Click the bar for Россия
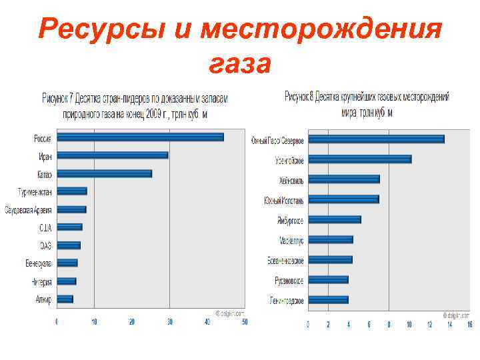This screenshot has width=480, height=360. tap(140, 137)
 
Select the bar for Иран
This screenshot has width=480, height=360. tap(112, 155)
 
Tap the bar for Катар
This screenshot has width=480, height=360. tap(104, 173)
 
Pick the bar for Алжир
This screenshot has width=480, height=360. tap(65, 299)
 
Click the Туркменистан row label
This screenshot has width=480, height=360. tap(35, 191)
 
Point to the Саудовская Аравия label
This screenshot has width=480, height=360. tap(28, 209)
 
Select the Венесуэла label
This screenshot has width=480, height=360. tap(38, 263)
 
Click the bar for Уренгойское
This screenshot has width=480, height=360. tap(360, 159)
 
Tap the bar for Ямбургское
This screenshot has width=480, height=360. tap(335, 219)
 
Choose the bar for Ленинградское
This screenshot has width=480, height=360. tap(328, 300)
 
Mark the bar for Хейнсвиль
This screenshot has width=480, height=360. tap(344, 179)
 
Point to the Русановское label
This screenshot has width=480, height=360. tap(289, 281)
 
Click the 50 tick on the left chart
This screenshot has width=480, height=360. tap(245, 322)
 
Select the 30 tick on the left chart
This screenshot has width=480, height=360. tap(170, 322)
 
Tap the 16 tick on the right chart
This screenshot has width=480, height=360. tap(470, 325)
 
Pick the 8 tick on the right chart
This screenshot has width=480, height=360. tap(389, 325)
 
